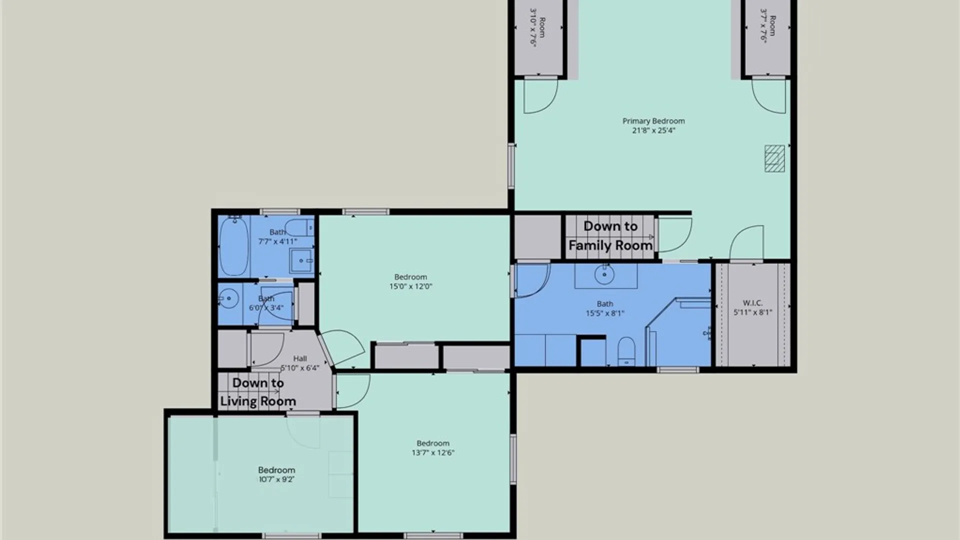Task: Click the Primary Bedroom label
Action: click(653, 121)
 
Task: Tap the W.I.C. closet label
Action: click(752, 303)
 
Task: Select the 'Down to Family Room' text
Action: click(610, 235)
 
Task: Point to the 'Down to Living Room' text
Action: click(258, 392)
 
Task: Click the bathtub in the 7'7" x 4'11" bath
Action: click(233, 246)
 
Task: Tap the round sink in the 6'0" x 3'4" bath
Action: click(228, 299)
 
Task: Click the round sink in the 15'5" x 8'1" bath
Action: click(604, 274)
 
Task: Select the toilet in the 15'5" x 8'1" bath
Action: click(626, 350)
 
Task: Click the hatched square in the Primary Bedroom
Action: click(774, 158)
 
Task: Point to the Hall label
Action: click(300, 358)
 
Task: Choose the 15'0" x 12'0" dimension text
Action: click(410, 286)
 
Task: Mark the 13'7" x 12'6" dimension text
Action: click(433, 453)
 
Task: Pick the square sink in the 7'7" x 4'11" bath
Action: click(301, 260)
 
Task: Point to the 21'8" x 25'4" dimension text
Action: click(653, 130)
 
